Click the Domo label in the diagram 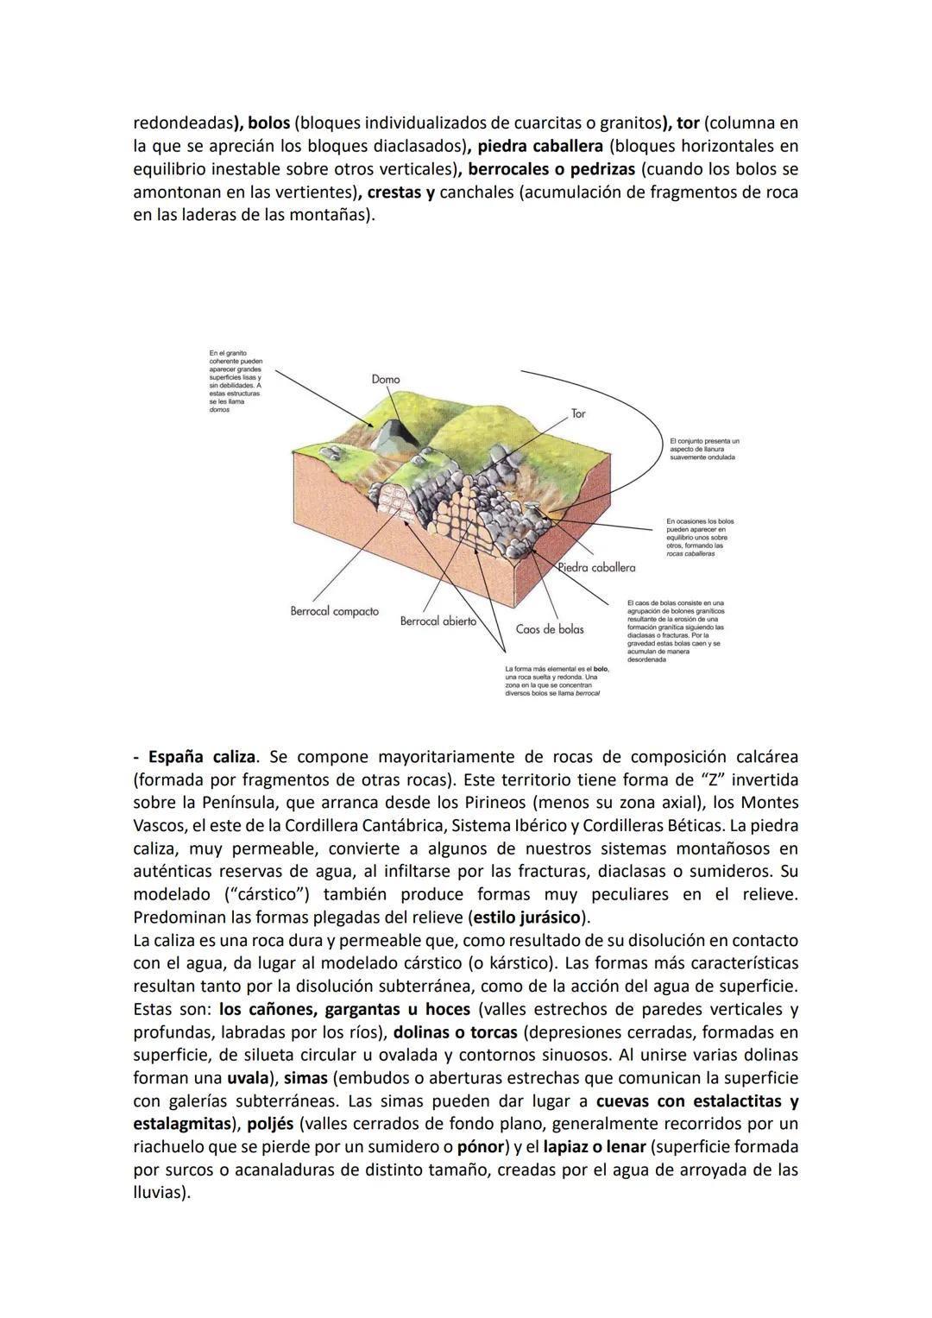pos(385,379)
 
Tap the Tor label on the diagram pos(578,413)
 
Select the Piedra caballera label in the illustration pos(596,567)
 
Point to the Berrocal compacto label pos(334,611)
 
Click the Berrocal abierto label pos(438,621)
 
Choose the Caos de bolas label pos(550,629)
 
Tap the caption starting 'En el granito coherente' pos(236,381)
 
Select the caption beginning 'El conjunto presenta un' pos(703,449)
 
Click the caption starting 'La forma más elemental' pos(556,680)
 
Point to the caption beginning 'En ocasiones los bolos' pos(700,537)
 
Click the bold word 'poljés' pos(271,1124)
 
